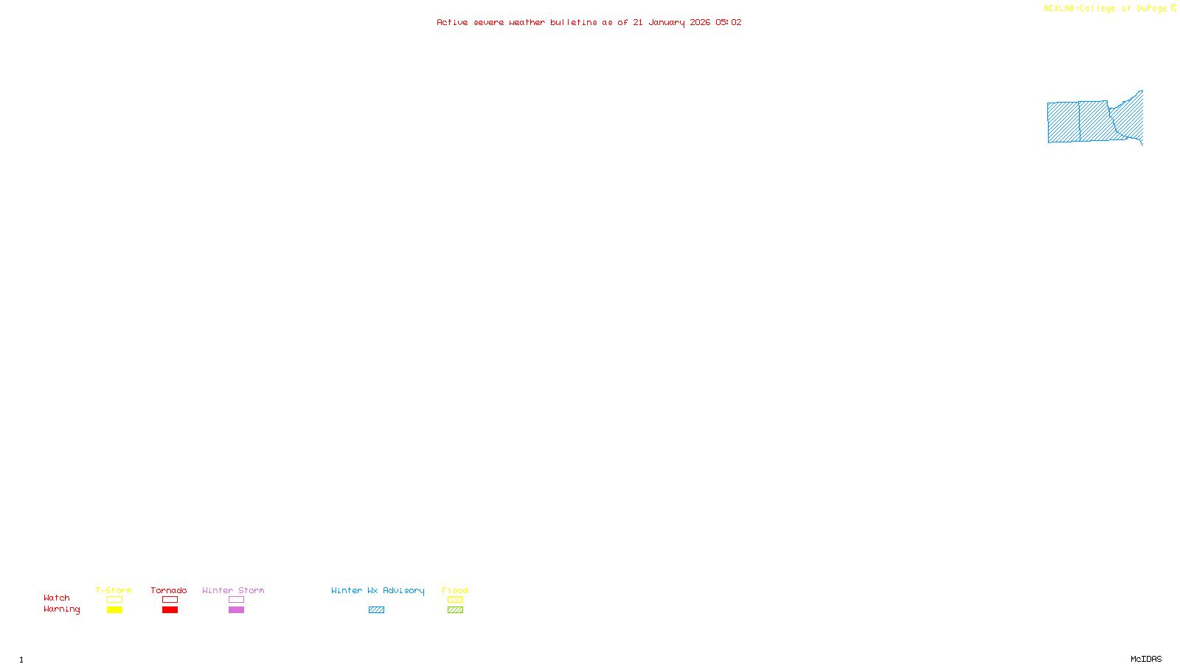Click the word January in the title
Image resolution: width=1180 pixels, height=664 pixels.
tap(666, 23)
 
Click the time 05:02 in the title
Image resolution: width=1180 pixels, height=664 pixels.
tap(728, 23)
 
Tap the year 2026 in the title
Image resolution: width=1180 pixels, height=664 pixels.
tap(700, 23)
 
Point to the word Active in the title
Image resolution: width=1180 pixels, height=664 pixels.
tap(451, 23)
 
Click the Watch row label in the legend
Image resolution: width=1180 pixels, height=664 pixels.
tap(57, 598)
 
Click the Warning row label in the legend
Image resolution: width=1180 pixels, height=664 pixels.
tap(61, 609)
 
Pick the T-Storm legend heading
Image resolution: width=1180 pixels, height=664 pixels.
tap(114, 590)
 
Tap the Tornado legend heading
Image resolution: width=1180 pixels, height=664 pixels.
tap(169, 590)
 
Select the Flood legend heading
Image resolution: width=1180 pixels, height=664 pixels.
tap(455, 590)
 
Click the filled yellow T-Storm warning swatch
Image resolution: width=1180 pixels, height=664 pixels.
tap(114, 610)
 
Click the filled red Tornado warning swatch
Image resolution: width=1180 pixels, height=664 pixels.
tap(170, 610)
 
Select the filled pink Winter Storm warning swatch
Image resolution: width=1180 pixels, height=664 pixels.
tap(236, 610)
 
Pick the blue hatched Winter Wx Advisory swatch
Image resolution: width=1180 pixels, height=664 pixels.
tap(376, 610)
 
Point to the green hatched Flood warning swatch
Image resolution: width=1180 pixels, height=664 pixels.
tap(455, 610)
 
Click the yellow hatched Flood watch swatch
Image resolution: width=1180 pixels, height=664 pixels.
tap(455, 600)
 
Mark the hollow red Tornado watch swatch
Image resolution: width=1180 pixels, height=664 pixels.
tap(170, 600)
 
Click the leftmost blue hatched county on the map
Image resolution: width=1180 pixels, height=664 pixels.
tap(1063, 122)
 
